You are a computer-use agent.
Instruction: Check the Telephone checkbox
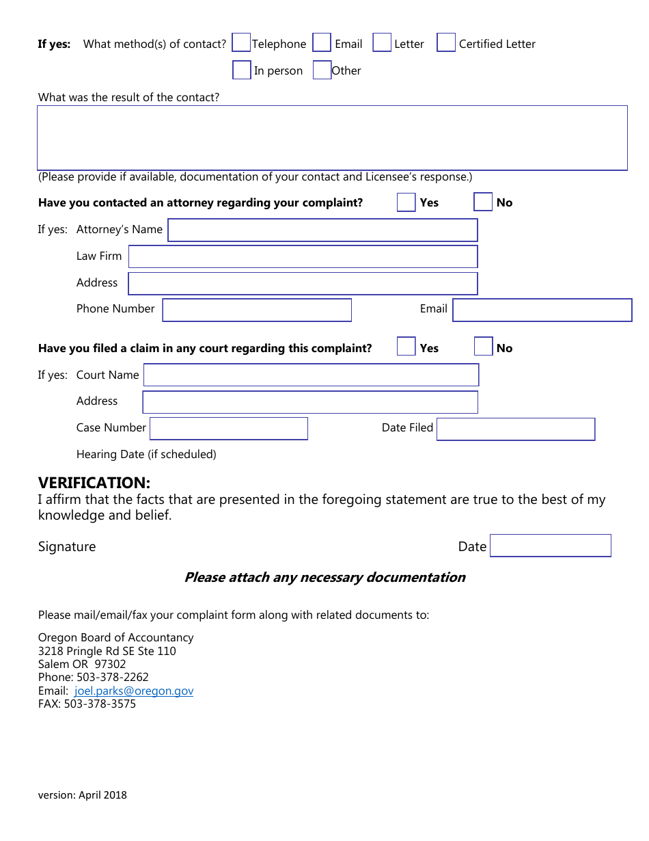(241, 43)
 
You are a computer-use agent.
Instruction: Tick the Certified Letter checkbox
(446, 43)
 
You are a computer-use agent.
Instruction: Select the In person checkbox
(242, 70)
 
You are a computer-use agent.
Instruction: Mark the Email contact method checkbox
(322, 43)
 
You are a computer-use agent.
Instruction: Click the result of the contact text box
(332, 137)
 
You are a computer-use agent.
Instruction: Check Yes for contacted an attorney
(406, 202)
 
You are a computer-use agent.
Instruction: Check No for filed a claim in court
(483, 347)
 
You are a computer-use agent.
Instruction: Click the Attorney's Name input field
(322, 230)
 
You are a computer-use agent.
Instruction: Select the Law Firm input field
(303, 256)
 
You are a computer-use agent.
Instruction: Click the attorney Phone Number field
(257, 310)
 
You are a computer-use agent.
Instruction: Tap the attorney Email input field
(542, 310)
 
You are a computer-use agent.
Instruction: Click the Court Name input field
(311, 375)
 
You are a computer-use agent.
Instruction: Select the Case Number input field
(229, 429)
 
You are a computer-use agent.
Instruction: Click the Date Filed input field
(516, 429)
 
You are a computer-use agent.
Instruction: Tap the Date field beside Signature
(550, 546)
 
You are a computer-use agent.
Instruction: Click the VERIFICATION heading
(94, 483)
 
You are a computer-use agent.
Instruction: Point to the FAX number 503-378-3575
(100, 704)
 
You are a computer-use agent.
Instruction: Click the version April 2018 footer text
(83, 795)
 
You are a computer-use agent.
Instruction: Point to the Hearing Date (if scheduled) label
(146, 454)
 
